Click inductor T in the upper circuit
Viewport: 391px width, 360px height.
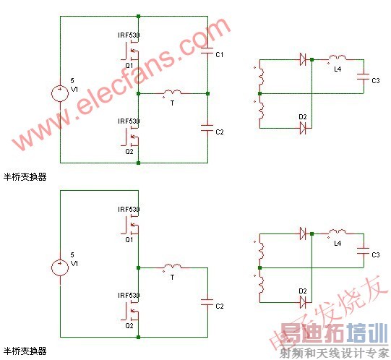tap(172, 93)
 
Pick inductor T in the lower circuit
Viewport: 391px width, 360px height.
tap(172, 267)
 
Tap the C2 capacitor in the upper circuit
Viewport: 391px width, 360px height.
tap(207, 130)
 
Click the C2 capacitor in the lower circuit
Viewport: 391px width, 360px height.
tap(207, 304)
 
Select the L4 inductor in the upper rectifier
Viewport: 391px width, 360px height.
tap(336, 60)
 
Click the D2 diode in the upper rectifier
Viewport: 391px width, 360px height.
tap(303, 128)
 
